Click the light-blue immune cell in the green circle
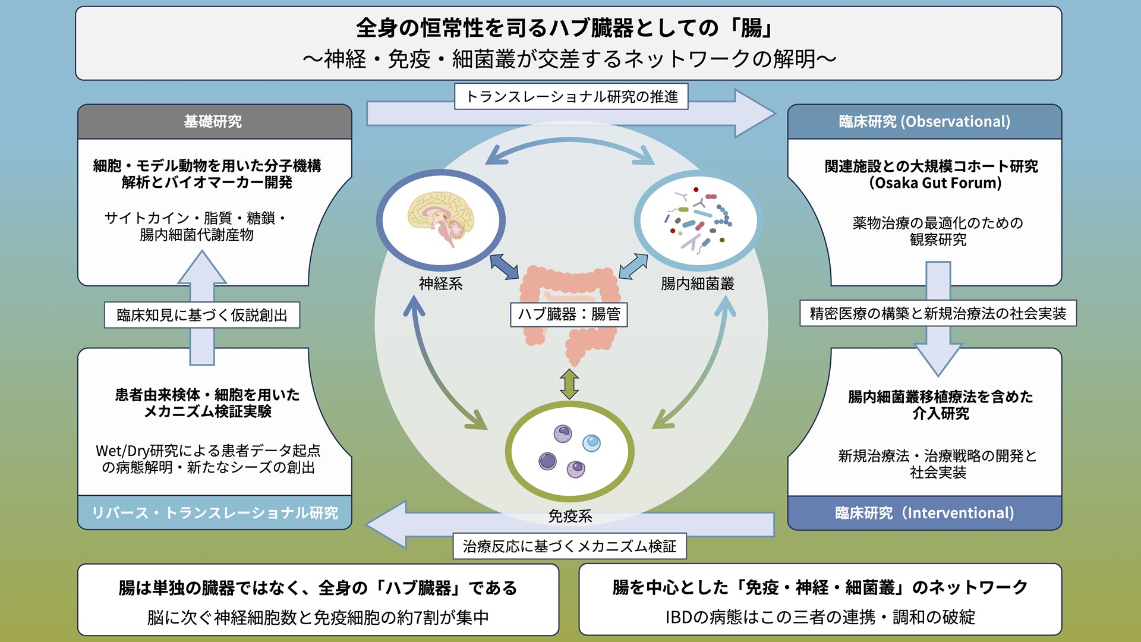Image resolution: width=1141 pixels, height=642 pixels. point(591,442)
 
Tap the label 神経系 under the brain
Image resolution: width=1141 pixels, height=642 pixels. point(440,284)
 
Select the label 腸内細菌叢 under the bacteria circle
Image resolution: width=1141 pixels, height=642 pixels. point(697,284)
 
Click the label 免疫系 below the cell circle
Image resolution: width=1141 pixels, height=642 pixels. point(570,516)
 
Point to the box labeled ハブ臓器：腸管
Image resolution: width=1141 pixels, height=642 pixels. point(569,314)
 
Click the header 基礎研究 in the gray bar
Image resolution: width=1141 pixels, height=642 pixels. point(213,121)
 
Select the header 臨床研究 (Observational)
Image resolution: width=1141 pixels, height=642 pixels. point(924,121)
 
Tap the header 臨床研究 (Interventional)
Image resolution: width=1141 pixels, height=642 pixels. point(924,512)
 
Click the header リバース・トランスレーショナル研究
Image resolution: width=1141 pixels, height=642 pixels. point(215,512)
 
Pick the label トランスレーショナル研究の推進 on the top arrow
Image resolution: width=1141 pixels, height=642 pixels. point(571,96)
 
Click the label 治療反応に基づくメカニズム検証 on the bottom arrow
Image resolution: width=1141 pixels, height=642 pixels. point(569,546)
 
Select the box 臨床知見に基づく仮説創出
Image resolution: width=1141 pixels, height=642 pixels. point(202,315)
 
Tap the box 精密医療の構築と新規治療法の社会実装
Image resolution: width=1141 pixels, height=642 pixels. point(938,313)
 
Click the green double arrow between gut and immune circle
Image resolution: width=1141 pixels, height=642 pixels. point(569,384)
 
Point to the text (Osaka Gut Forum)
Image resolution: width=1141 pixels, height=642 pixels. point(935,183)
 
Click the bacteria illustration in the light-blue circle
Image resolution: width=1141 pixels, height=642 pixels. point(698,219)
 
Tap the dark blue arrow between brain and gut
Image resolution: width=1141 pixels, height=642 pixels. point(504,267)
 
